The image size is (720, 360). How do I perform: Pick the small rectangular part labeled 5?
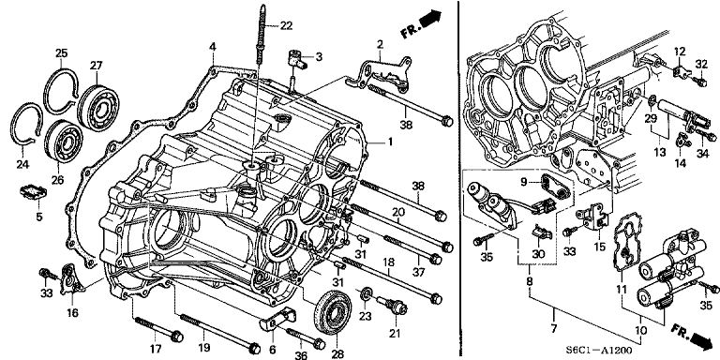pos(33,194)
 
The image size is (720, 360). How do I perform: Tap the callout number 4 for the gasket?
pos(213,47)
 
